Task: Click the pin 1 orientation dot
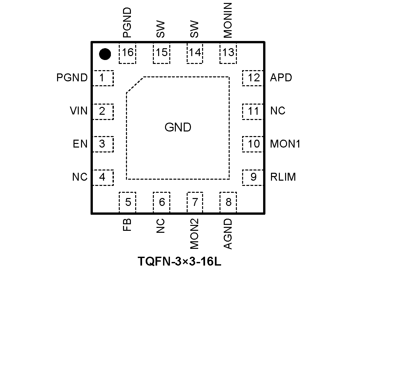tap(105, 54)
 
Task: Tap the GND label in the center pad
tap(178, 127)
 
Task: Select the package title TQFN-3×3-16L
tap(179, 262)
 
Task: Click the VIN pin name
tap(79, 111)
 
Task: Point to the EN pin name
tap(80, 144)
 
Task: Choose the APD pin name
tap(281, 78)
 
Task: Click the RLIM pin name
tap(283, 177)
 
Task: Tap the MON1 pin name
tap(285, 144)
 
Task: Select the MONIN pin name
tap(227, 20)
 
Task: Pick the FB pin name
tap(127, 225)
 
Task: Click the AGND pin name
tap(228, 234)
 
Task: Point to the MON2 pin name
tap(194, 234)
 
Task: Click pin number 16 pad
tap(128, 52)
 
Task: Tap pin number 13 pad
tap(228, 52)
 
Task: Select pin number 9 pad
tap(253, 177)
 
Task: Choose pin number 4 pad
tap(103, 177)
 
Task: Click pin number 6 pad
tap(161, 202)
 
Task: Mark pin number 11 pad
tap(253, 111)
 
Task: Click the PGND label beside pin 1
tap(72, 78)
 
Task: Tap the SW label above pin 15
tap(160, 29)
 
